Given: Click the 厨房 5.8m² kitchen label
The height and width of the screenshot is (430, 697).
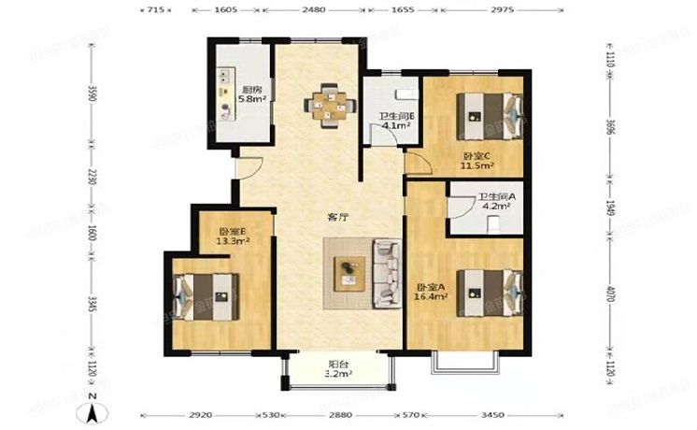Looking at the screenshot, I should [250, 93].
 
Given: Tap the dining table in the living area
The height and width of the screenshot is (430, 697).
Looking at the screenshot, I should [327, 103].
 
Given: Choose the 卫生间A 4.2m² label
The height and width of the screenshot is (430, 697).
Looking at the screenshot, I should [496, 204].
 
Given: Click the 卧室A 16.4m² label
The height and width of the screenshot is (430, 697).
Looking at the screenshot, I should [431, 292].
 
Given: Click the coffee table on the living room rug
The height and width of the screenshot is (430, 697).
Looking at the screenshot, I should [348, 271].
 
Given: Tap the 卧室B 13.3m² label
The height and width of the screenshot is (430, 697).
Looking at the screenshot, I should [233, 236].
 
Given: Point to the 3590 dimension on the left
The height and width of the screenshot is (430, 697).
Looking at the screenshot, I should [92, 94].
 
